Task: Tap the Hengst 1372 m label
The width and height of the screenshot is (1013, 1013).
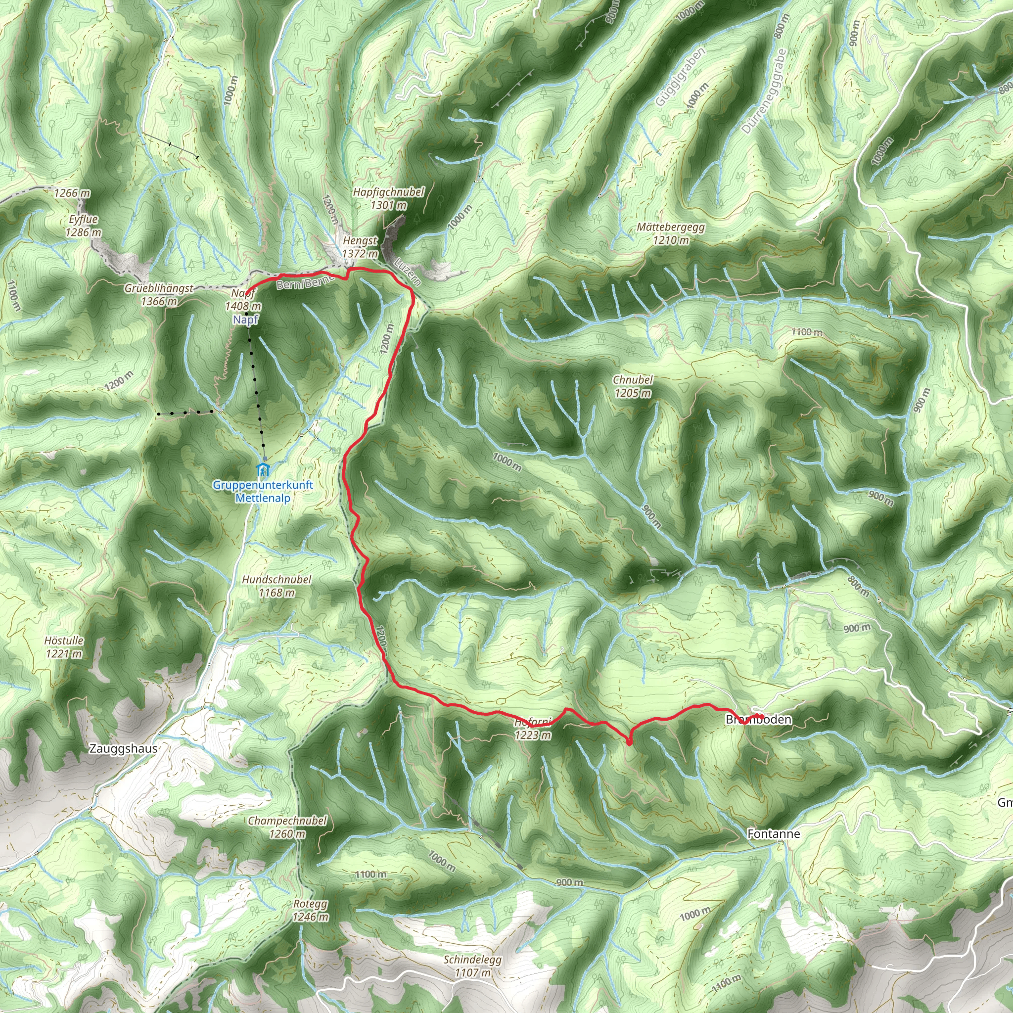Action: [x=360, y=247]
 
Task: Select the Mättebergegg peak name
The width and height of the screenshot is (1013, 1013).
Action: [x=671, y=228]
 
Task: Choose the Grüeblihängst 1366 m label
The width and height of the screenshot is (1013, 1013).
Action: [x=159, y=295]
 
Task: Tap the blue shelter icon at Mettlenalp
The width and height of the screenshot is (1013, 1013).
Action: [x=263, y=468]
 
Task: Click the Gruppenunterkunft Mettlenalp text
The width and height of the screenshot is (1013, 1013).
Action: [x=263, y=491]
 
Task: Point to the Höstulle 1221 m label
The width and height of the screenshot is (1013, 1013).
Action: [x=63, y=646]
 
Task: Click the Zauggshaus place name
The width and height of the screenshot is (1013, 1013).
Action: [x=123, y=749]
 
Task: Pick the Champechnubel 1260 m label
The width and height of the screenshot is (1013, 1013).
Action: [x=287, y=827]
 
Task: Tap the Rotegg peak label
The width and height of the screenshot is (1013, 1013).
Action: [x=311, y=910]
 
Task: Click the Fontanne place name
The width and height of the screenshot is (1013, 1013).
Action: [x=774, y=833]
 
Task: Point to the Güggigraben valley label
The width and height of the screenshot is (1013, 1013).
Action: [x=680, y=77]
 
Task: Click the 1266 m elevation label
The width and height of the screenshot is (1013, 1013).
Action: [x=72, y=193]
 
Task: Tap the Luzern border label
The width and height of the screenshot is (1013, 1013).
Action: [x=408, y=272]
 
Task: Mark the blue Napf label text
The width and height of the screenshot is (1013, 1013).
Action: [x=245, y=320]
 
